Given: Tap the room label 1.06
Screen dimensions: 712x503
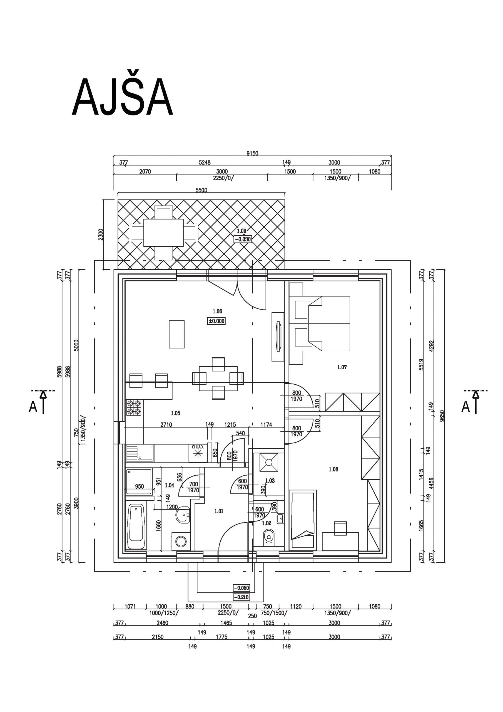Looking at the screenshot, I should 217,311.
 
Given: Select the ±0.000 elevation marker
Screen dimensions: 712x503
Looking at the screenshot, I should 216,321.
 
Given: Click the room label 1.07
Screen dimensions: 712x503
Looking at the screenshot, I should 342,367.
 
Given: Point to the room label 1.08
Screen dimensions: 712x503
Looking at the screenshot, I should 333,469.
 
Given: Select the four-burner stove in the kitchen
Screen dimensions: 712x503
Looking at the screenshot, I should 134,407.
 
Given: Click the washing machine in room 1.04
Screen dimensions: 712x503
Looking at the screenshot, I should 181,542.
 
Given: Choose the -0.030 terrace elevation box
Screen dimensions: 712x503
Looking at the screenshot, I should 243,239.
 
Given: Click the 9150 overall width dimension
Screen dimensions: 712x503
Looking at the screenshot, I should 252,153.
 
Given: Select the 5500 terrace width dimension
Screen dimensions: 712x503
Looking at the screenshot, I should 201,190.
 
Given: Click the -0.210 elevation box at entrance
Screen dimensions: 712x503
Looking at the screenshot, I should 241,597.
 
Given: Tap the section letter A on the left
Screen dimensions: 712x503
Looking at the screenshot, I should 33,407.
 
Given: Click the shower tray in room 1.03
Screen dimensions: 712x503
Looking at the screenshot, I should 268,462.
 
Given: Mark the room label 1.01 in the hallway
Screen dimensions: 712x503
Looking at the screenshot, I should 219,511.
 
